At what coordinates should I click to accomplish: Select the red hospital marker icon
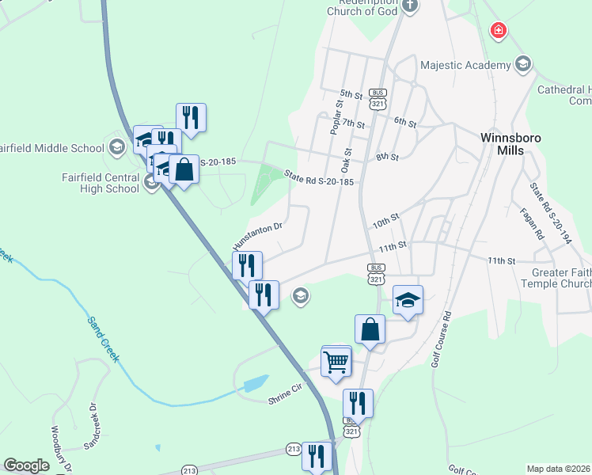tap(499, 31)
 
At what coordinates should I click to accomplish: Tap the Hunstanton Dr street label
tap(257, 234)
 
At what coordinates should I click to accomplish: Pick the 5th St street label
tap(351, 93)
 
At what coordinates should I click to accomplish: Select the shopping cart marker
tap(336, 363)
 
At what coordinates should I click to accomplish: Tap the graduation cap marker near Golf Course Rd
tap(408, 300)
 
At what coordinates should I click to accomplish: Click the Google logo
tap(25, 465)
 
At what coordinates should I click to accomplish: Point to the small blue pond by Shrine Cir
tap(256, 385)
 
